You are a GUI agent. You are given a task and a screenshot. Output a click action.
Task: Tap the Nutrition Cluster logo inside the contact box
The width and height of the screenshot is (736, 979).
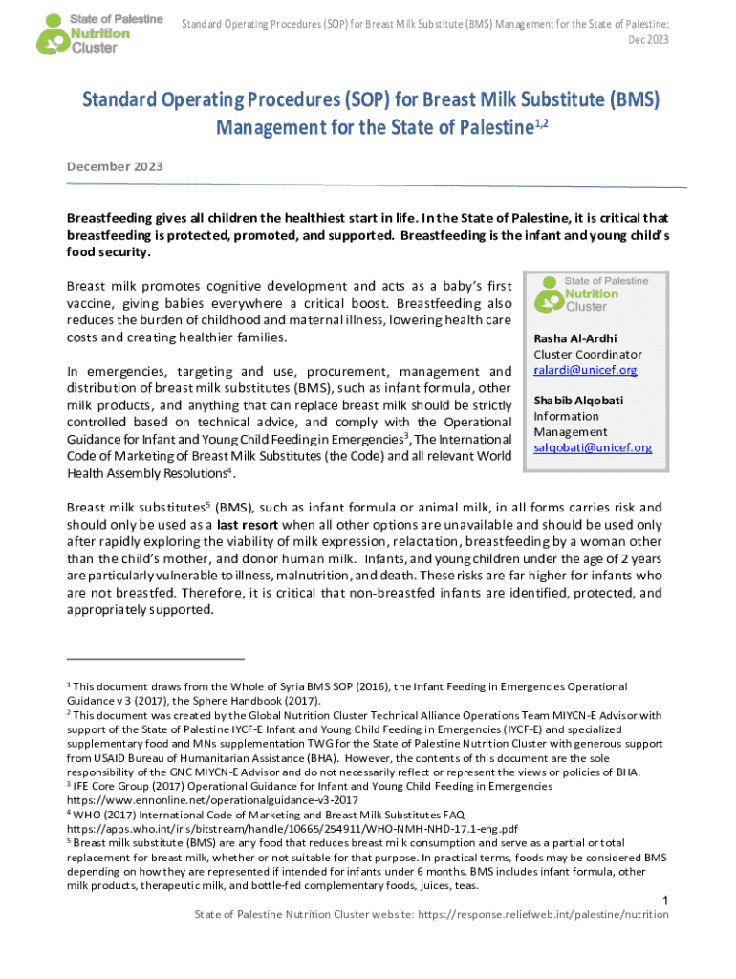(x=593, y=294)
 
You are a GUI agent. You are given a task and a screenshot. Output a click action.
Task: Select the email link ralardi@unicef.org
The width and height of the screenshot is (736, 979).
(x=585, y=370)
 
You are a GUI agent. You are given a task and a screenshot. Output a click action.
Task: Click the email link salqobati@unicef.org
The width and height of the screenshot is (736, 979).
(x=593, y=447)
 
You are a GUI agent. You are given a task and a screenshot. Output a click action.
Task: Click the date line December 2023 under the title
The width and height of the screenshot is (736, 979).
(x=115, y=166)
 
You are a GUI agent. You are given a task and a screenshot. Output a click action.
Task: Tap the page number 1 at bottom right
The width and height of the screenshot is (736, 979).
(x=663, y=900)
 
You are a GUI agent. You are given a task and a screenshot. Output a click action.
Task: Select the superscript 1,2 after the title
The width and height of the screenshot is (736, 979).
(x=540, y=121)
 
